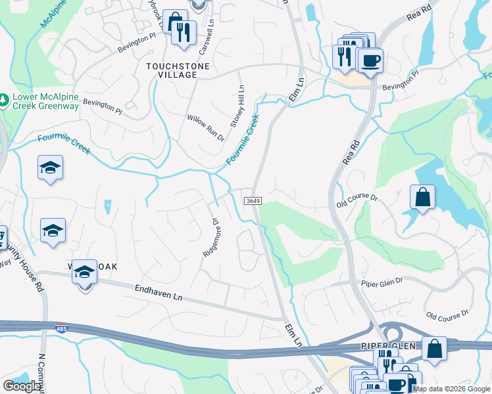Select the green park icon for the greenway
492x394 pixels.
point(5,97)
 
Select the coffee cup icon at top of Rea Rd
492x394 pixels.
point(370,60)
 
